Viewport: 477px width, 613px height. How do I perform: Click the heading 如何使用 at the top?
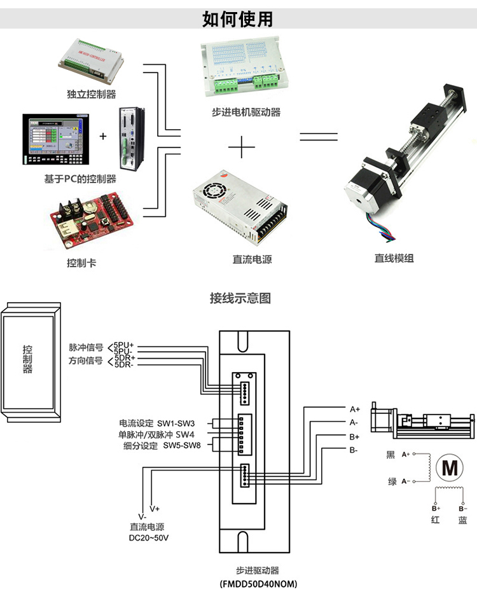click(238, 18)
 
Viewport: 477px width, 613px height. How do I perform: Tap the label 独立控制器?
click(92, 95)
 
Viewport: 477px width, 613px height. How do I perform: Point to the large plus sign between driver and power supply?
click(240, 148)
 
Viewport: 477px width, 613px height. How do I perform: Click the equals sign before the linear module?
click(318, 136)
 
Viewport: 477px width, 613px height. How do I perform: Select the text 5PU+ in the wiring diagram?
click(123, 345)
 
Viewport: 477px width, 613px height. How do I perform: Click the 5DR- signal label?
click(123, 365)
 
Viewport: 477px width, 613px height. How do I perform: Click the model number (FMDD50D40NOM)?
click(258, 584)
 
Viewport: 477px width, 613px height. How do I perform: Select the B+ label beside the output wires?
click(354, 437)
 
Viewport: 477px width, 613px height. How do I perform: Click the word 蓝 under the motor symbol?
click(462, 520)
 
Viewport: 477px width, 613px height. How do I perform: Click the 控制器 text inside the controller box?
click(27, 359)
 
